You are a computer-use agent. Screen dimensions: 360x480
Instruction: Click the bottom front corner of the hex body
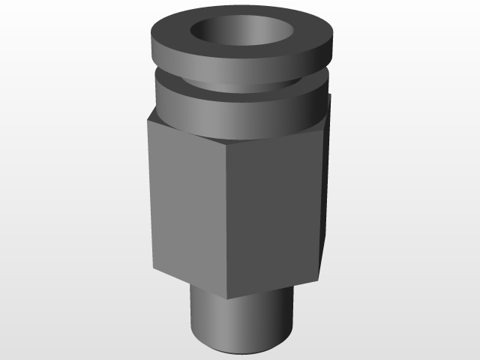tap(227, 298)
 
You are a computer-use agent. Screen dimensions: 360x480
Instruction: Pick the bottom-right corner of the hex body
tap(321, 277)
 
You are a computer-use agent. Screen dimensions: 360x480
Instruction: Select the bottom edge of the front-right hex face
tap(274, 289)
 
